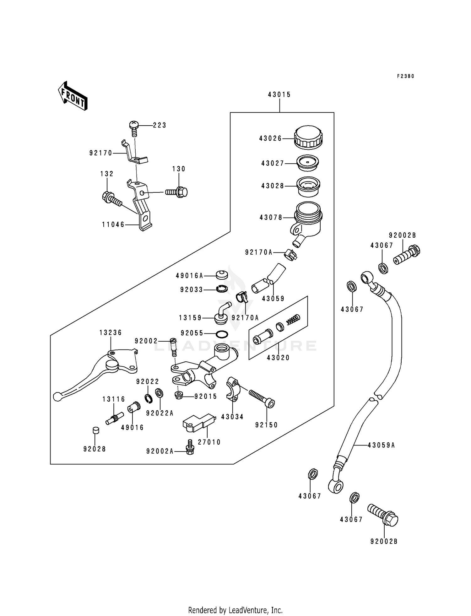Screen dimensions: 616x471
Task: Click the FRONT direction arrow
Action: point(73,96)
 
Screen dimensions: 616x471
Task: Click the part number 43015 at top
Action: point(279,95)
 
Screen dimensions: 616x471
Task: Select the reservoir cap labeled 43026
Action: point(308,138)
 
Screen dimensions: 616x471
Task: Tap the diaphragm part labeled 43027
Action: point(308,163)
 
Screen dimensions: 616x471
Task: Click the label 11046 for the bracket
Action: point(113,224)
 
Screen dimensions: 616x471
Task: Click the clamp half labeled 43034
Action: point(233,389)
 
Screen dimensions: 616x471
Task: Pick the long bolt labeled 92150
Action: point(262,397)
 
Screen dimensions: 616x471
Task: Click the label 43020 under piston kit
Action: point(278,358)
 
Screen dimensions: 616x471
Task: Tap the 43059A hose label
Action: point(381,445)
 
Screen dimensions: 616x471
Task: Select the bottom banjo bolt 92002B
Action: point(383,515)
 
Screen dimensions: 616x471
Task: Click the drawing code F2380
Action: point(405,76)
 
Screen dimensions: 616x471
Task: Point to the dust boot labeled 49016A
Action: point(222,275)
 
